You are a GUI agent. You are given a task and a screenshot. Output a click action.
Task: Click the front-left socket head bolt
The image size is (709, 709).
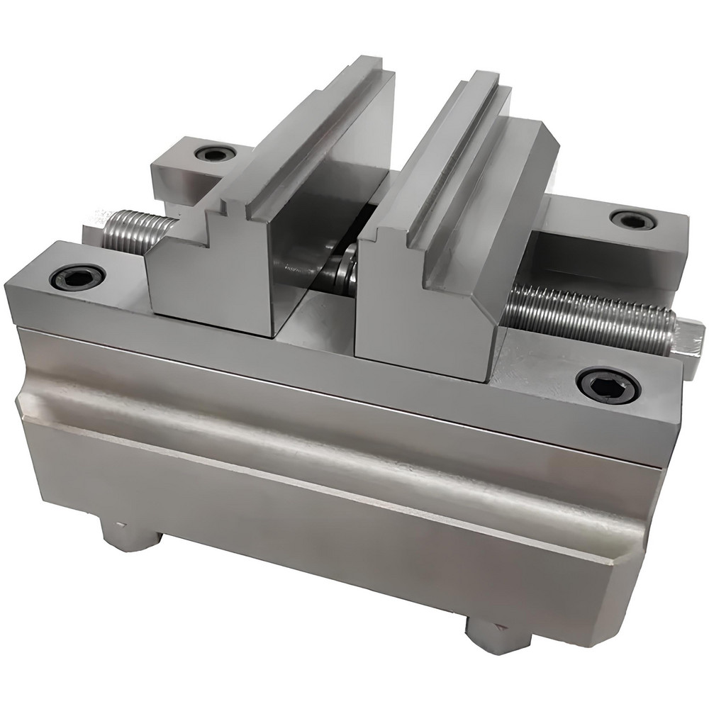pos(77,277)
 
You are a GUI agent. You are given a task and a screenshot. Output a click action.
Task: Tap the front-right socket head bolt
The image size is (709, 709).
pos(608,385)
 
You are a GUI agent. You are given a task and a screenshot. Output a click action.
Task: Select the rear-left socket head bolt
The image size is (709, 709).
pos(214,153)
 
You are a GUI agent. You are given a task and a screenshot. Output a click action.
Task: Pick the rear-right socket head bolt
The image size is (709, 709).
pos(632,220)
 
